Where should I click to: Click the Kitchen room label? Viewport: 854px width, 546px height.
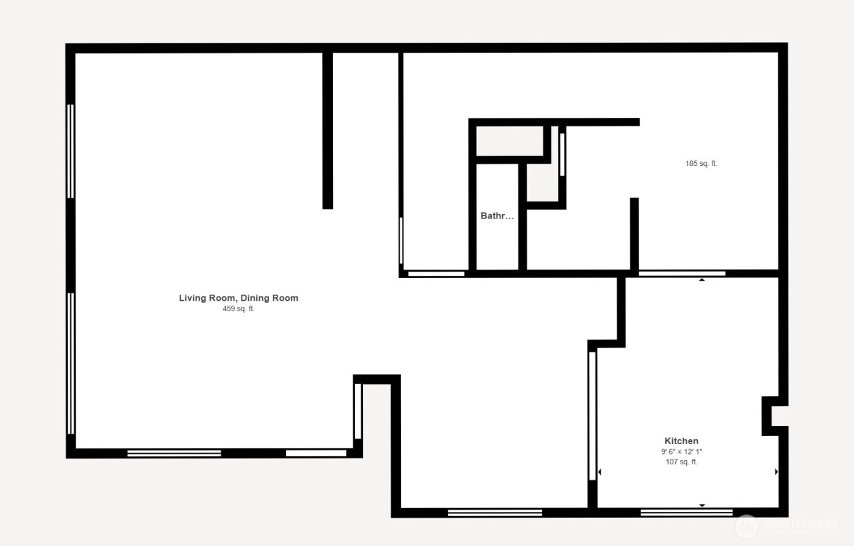click(681, 441)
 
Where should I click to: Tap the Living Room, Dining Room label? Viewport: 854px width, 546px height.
click(239, 298)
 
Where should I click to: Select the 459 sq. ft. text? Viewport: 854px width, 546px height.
click(239, 309)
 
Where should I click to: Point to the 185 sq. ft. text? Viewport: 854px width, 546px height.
click(701, 163)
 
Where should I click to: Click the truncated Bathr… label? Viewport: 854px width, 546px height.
click(497, 216)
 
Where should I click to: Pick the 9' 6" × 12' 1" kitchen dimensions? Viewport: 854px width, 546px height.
click(681, 452)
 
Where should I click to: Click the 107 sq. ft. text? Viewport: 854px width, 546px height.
click(681, 462)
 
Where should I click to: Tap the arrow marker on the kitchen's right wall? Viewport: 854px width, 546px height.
click(776, 472)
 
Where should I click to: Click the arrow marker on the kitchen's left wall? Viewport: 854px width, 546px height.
click(600, 472)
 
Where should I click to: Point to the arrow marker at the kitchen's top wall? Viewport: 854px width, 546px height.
click(701, 280)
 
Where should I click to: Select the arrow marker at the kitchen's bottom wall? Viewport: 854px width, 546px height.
click(701, 505)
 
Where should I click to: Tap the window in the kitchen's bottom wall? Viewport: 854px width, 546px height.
click(686, 512)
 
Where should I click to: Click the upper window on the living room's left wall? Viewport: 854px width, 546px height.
click(71, 151)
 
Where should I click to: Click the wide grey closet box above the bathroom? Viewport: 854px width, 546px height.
click(509, 141)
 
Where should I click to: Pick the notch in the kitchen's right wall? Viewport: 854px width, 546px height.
click(773, 416)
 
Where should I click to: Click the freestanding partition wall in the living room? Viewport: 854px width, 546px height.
click(328, 131)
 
